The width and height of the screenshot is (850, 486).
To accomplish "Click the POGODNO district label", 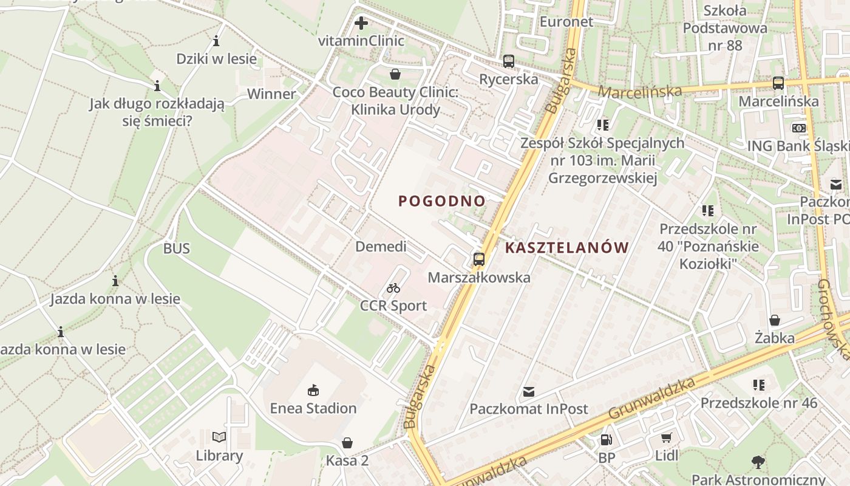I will (442, 201).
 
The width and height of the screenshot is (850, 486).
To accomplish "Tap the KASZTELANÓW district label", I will (566, 247).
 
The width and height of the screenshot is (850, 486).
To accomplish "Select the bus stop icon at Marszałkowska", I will (479, 259).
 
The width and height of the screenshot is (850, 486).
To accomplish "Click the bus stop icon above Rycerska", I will (509, 61).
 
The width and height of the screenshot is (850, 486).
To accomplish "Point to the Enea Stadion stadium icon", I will (313, 390).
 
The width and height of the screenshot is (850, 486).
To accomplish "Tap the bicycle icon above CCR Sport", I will (393, 288).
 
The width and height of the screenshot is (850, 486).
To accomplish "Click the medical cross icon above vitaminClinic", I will (361, 24).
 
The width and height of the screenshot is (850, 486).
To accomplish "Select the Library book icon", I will (219, 437).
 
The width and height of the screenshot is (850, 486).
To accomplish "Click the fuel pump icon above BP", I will (606, 440).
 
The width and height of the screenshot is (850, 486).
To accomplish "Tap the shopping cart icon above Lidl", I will (667, 437).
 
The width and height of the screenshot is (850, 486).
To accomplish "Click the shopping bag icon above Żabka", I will (775, 320).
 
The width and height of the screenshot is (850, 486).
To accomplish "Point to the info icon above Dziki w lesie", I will (216, 41).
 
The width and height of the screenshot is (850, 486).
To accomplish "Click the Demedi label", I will (381, 247).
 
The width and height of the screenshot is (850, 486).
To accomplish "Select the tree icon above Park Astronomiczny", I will (758, 462).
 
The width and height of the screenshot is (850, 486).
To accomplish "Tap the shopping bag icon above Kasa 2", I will (347, 442).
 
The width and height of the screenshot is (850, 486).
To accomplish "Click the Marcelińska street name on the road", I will (640, 91).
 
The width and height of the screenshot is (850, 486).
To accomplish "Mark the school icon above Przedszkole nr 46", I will (758, 385).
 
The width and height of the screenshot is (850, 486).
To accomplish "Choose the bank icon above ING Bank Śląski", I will (799, 128).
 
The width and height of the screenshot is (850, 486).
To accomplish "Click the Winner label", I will (271, 94).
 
